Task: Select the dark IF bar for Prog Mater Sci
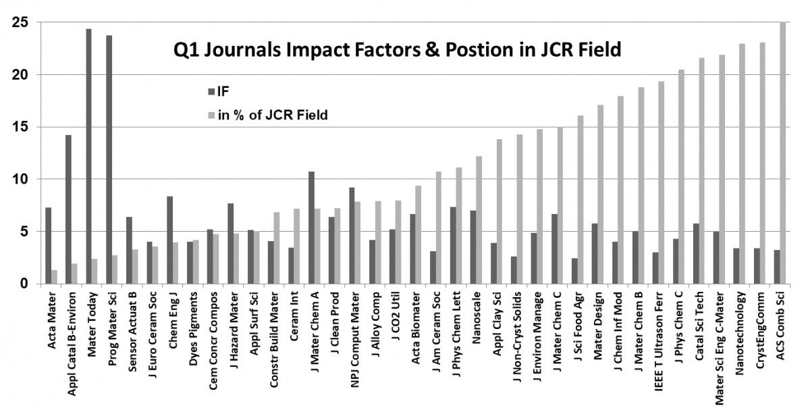click(109, 159)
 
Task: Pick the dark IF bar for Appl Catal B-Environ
click(68, 209)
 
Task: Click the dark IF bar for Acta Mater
click(48, 246)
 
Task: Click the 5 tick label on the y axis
click(23, 232)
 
